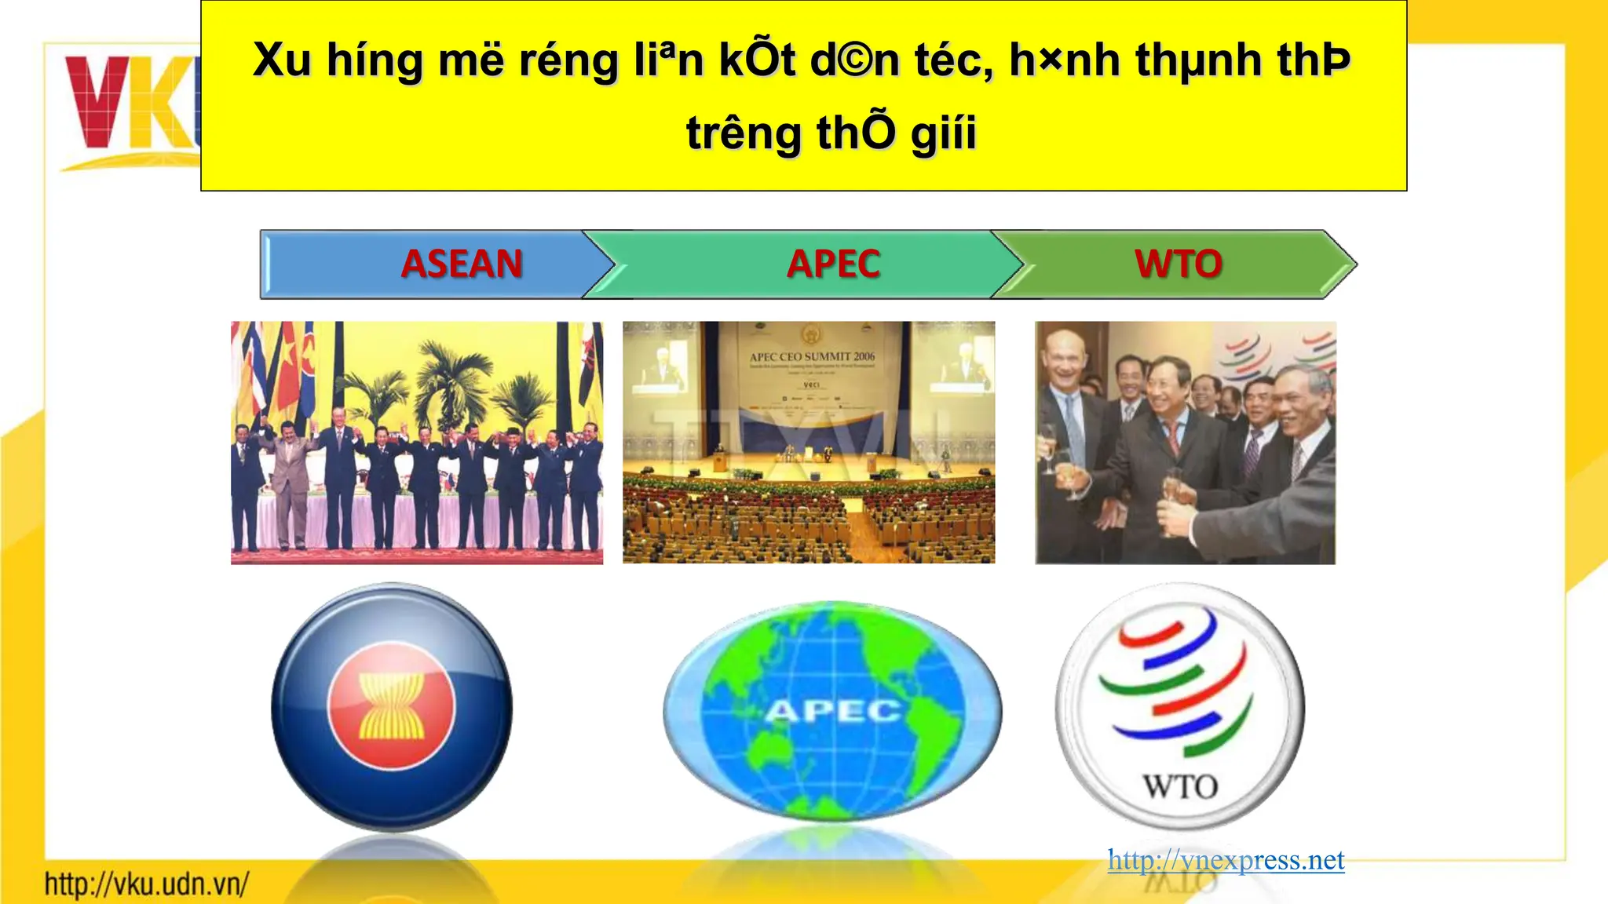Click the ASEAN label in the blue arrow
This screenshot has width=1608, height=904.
pyautogui.click(x=462, y=264)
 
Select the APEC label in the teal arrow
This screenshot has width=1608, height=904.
pyautogui.click(x=833, y=264)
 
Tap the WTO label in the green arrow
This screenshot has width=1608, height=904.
pyautogui.click(x=1178, y=264)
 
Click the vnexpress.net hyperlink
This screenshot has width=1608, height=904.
pyautogui.click(x=1226, y=860)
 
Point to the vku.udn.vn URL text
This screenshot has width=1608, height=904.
pyautogui.click(x=147, y=884)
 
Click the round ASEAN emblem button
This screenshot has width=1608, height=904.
pyautogui.click(x=391, y=706)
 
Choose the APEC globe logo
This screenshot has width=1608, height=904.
pyautogui.click(x=832, y=710)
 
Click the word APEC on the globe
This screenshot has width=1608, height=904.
pyautogui.click(x=833, y=712)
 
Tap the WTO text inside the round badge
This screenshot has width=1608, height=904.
pyautogui.click(x=1180, y=786)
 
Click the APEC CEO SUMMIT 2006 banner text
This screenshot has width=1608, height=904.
pyautogui.click(x=812, y=357)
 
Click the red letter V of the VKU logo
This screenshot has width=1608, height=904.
pyautogui.click(x=97, y=102)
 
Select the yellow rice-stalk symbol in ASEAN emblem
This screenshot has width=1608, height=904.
pyautogui.click(x=391, y=705)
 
